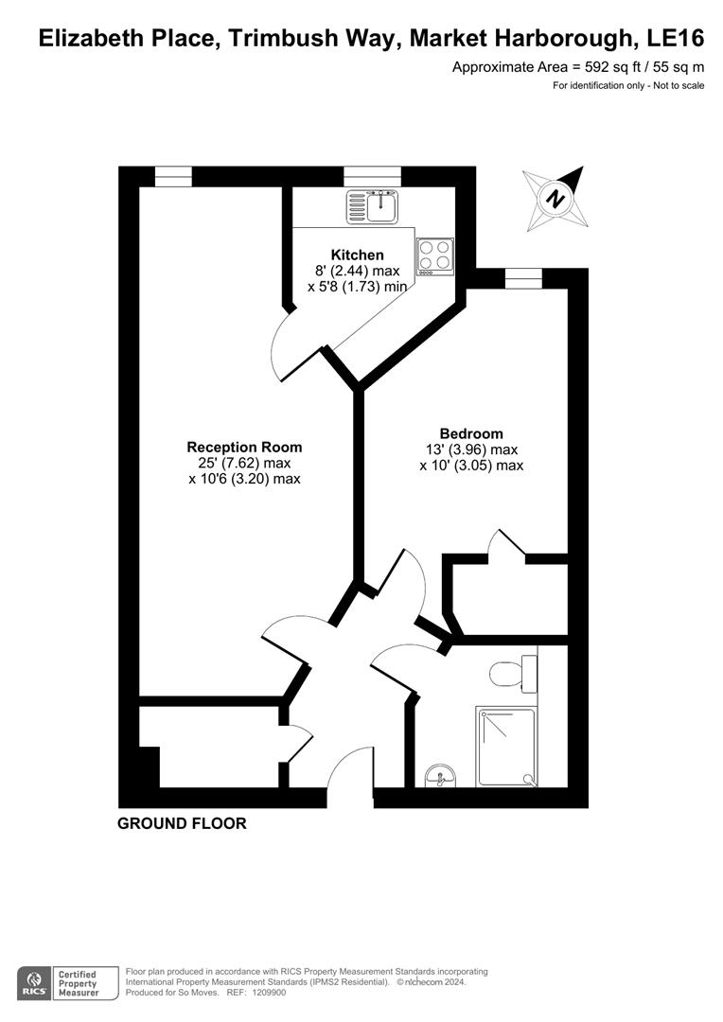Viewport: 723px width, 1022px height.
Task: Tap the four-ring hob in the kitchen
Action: pyautogui.click(x=434, y=256)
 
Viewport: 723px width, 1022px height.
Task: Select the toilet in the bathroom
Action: pyautogui.click(x=512, y=673)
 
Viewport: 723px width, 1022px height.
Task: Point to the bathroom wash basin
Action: pyautogui.click(x=440, y=776)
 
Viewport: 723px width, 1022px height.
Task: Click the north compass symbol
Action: pyautogui.click(x=555, y=199)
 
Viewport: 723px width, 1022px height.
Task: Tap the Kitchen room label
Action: pyautogui.click(x=357, y=255)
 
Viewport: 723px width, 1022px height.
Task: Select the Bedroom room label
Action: pyautogui.click(x=471, y=433)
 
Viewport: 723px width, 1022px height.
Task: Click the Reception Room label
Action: pyautogui.click(x=244, y=447)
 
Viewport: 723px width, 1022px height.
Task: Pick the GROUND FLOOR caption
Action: pyautogui.click(x=182, y=823)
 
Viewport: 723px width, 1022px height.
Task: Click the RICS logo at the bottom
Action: pyautogui.click(x=35, y=982)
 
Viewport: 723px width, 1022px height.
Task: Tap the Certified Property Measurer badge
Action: pyautogui.click(x=78, y=982)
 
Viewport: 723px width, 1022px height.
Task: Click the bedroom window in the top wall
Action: pyautogui.click(x=523, y=277)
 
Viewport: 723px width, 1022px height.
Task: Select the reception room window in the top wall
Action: pyautogui.click(x=173, y=176)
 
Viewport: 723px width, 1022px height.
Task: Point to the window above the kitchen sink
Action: pyautogui.click(x=372, y=176)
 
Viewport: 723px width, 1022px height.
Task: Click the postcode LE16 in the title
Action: pyautogui.click(x=673, y=39)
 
